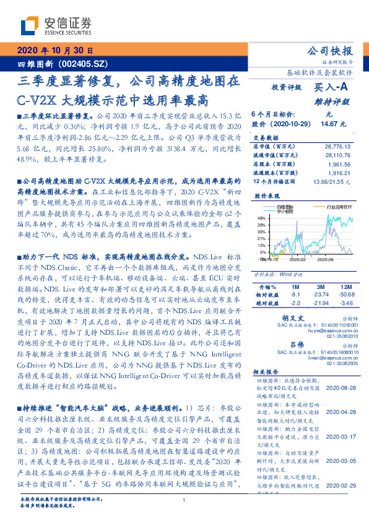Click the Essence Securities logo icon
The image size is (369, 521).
click(x=28, y=25)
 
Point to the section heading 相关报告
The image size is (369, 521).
click(x=267, y=389)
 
